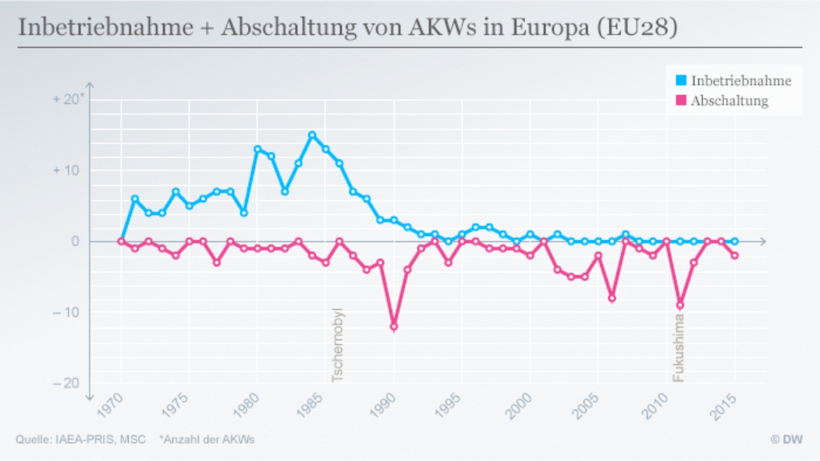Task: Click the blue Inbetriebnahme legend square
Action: coord(681,80)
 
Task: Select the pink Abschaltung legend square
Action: coord(681,101)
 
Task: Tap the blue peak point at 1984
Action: coord(312,135)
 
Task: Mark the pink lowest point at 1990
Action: coord(394,327)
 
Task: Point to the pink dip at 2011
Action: coord(680,305)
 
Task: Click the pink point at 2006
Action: coord(612,298)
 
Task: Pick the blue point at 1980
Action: coord(257,149)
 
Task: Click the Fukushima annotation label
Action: coord(679,348)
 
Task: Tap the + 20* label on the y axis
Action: coord(69,100)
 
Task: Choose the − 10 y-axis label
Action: coord(67,313)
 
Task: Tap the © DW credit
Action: coord(786,439)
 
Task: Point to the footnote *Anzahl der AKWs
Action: coord(207,439)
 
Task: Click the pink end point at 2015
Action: coord(734,256)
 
